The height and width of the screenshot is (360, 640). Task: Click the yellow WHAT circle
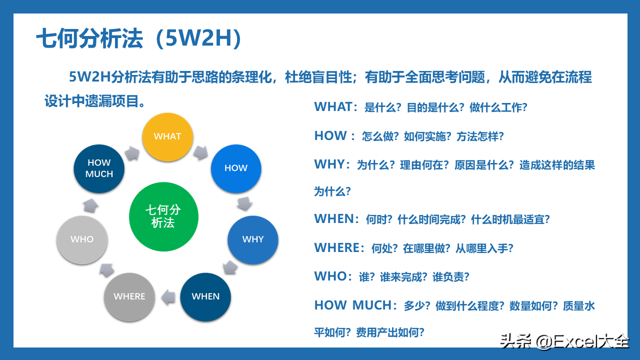pyautogui.click(x=167, y=137)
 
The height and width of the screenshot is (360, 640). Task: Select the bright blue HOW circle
pyautogui.click(x=236, y=168)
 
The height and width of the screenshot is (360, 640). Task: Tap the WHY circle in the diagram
pyautogui.click(x=253, y=239)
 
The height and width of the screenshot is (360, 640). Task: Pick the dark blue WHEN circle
pyautogui.click(x=205, y=297)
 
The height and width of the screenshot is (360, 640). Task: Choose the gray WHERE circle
pyautogui.click(x=129, y=297)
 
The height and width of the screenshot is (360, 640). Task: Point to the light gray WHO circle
pyautogui.click(x=82, y=239)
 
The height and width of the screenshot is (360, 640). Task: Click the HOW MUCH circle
pyautogui.click(x=99, y=168)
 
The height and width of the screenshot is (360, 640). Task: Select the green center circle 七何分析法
pyautogui.click(x=163, y=216)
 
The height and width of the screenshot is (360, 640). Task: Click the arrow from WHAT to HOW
pyautogui.click(x=200, y=152)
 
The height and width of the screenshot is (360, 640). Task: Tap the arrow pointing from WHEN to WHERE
pyautogui.click(x=168, y=297)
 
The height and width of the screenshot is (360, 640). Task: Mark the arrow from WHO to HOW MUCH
pyautogui.click(x=90, y=205)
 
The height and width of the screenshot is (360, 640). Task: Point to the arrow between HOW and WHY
pyautogui.click(x=244, y=203)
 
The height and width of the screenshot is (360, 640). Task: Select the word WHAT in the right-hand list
pyautogui.click(x=333, y=107)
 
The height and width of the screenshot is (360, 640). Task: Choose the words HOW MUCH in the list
pyautogui.click(x=353, y=305)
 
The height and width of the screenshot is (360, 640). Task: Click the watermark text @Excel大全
pyautogui.click(x=582, y=341)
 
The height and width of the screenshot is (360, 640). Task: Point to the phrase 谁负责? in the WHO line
pyautogui.click(x=451, y=277)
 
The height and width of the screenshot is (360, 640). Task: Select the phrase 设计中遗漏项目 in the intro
pyautogui.click(x=91, y=101)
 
